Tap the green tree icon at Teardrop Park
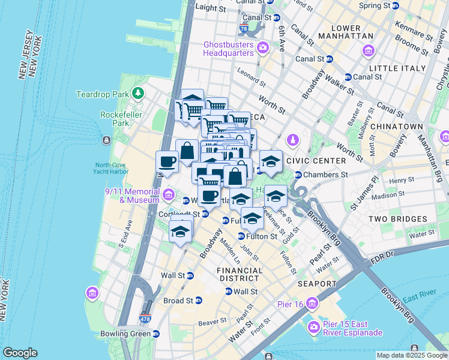pos(139,93)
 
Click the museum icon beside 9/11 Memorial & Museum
pos(168,194)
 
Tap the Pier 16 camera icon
pos(311,304)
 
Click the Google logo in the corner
pos(20,353)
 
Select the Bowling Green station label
pos(133,333)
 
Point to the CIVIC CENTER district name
pos(316,161)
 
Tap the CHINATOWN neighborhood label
pos(397,127)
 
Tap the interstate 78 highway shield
pos(243,28)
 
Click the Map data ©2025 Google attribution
pos(411,355)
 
